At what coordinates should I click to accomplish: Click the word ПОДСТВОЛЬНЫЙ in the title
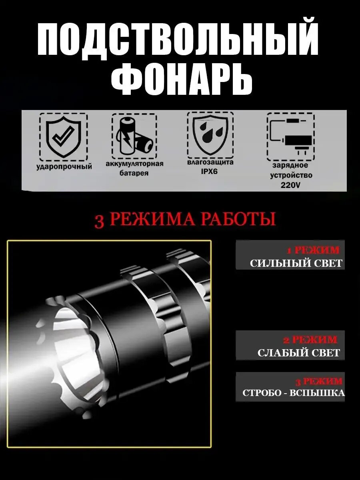pos(178,41)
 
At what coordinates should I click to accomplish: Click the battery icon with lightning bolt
pos(134,136)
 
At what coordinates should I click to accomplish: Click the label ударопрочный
pos(64,166)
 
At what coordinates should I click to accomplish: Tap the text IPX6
pos(210,172)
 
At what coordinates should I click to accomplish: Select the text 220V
pos(290,185)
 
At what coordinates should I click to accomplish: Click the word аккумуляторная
pos(134,164)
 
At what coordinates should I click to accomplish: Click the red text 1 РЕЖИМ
pos(313,251)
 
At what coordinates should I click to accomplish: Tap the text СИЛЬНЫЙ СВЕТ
pos(296,263)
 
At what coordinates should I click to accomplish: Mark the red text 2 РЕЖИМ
pos(310,340)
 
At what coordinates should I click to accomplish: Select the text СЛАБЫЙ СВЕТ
pos(298,353)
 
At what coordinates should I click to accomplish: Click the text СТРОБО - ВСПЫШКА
pos(293,393)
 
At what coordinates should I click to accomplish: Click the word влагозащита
pos(210,162)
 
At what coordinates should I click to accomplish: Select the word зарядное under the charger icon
pos(290,165)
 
